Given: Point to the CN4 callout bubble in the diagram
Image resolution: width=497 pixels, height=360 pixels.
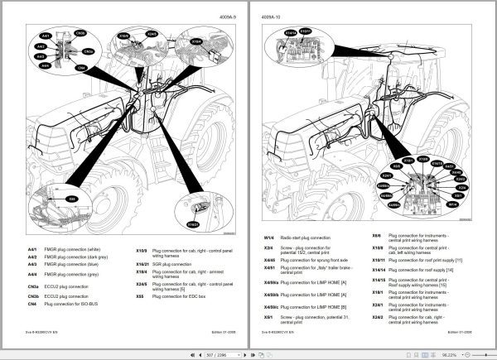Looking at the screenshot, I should pyautogui.click(x=80, y=68).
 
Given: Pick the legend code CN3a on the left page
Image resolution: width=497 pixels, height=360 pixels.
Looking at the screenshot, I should pyautogui.click(x=32, y=286).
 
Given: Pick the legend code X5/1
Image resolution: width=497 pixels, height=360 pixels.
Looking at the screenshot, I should pyautogui.click(x=269, y=316).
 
